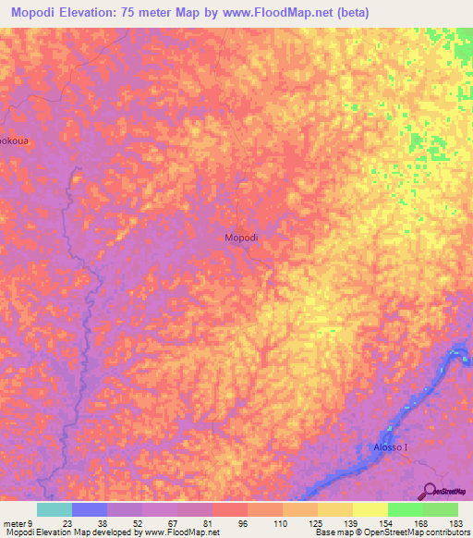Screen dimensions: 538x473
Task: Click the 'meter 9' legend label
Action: pos(18,523)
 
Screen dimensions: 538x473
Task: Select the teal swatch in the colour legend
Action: pos(55,509)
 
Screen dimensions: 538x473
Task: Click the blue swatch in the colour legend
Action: pos(90,509)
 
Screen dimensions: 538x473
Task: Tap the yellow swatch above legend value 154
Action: pos(370,509)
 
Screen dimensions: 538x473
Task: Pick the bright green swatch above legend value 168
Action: pos(405,509)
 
